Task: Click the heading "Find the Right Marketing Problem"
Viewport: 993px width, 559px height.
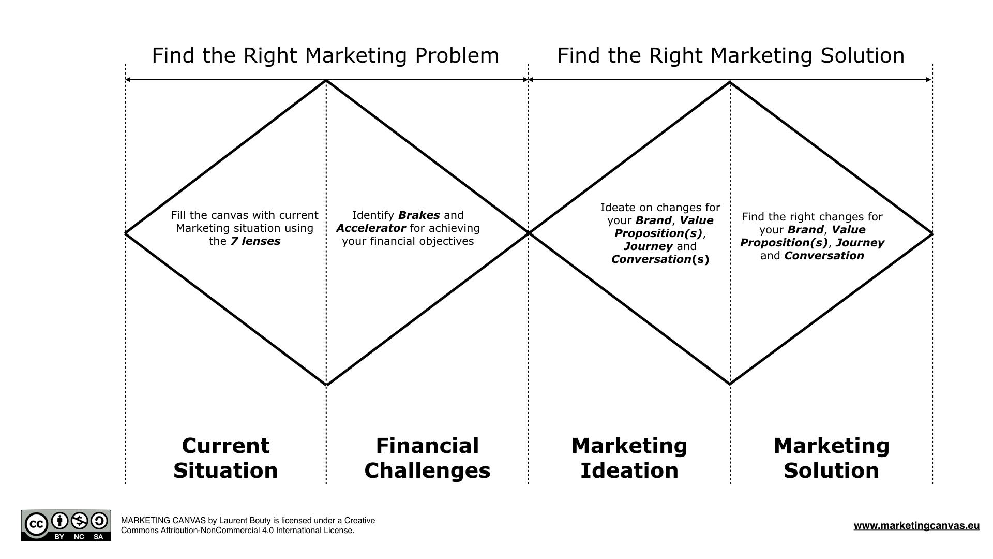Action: (x=325, y=55)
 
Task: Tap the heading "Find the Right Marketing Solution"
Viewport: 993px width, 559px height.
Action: (x=730, y=55)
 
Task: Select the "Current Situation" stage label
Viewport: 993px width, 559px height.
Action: (x=225, y=458)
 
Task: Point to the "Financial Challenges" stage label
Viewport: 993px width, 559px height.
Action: (x=427, y=458)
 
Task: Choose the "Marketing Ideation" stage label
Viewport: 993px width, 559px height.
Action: (x=629, y=458)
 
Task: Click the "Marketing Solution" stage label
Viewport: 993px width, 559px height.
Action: (x=831, y=458)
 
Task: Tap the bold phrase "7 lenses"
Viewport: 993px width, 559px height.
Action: (x=255, y=241)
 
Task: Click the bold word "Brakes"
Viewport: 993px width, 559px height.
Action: (x=419, y=215)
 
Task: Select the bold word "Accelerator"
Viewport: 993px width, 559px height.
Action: (x=370, y=228)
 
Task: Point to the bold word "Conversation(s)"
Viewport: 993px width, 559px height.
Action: (x=660, y=259)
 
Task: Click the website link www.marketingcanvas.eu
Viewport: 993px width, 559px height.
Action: (x=916, y=526)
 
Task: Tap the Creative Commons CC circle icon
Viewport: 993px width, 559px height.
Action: (x=36, y=524)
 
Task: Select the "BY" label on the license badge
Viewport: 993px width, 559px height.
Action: (x=59, y=537)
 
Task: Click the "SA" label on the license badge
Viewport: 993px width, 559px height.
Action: (x=98, y=537)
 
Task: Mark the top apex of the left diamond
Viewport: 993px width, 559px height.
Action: (x=326, y=81)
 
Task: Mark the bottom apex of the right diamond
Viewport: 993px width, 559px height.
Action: (x=730, y=384)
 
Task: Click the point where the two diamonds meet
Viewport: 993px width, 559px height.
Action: (x=529, y=233)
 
